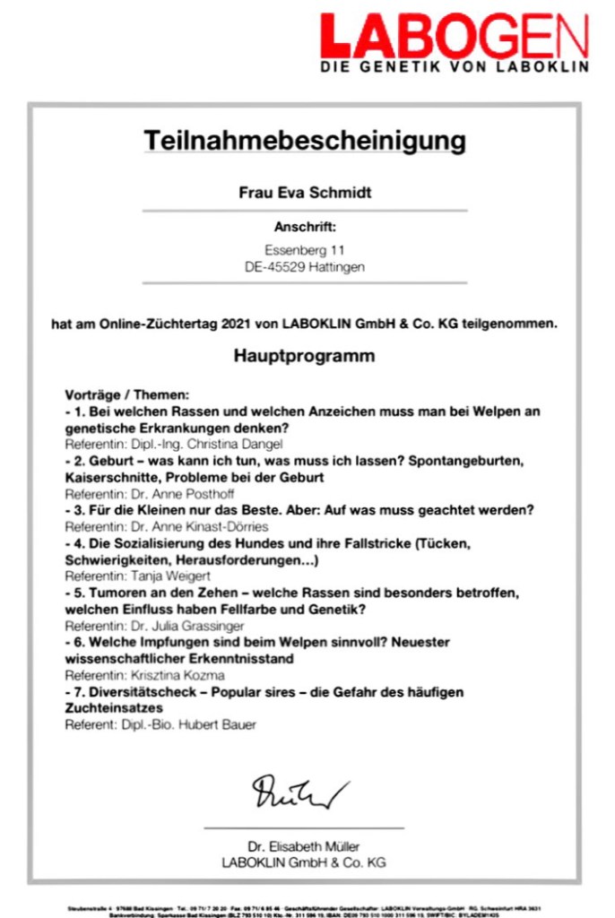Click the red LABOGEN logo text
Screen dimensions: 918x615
(455, 37)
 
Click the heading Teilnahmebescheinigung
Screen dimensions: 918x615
(305, 141)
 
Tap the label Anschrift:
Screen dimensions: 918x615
(305, 228)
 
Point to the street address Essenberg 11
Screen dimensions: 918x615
(305, 250)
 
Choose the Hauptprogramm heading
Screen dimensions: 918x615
(305, 356)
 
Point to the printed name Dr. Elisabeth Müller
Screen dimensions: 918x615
(304, 845)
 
